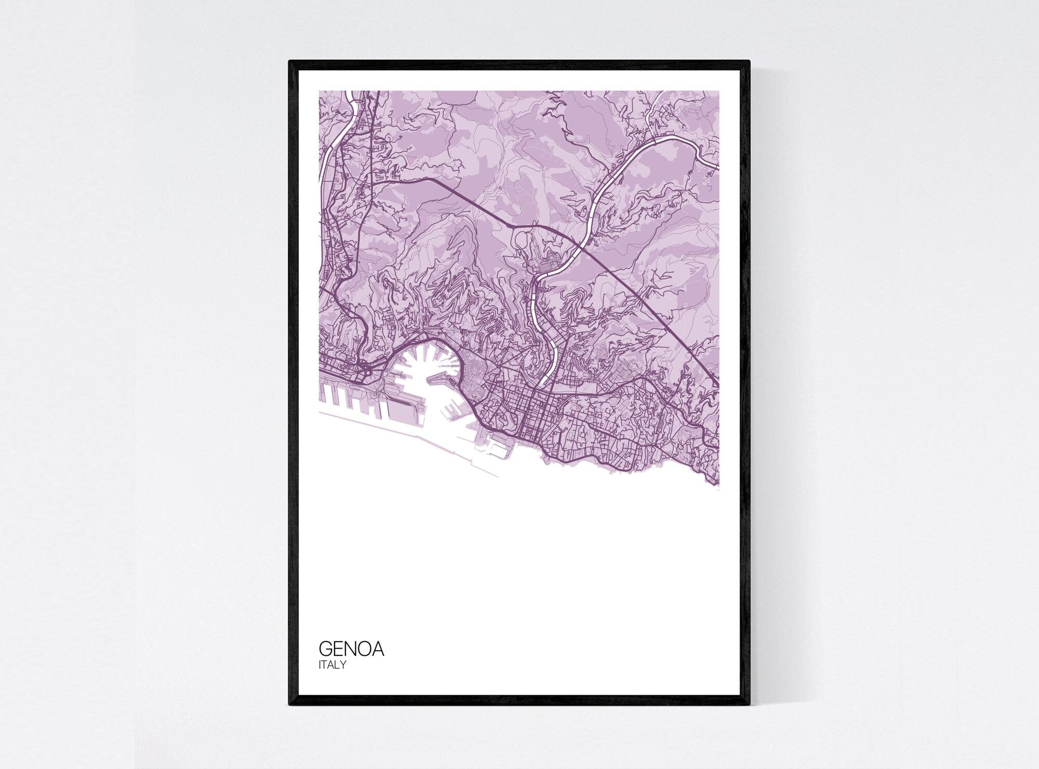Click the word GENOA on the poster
[351, 649]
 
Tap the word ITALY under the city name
[332, 665]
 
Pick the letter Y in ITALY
[343, 665]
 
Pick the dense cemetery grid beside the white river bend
[545, 267]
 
